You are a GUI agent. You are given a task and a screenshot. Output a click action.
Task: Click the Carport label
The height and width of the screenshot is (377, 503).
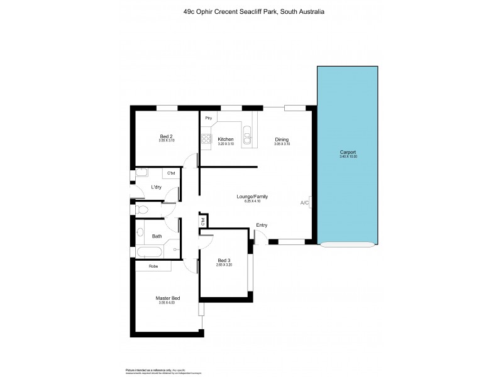tap(348, 151)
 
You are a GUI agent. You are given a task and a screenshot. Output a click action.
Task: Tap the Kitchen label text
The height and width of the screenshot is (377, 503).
tap(226, 139)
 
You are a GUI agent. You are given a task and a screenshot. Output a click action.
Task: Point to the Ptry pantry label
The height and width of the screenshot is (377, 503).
tap(208, 118)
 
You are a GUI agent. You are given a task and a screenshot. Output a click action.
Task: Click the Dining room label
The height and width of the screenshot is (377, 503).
tap(282, 139)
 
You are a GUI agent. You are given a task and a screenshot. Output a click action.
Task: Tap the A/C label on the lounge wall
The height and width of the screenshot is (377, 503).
tap(304, 203)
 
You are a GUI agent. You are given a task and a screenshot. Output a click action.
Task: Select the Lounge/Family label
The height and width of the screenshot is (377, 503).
tap(252, 196)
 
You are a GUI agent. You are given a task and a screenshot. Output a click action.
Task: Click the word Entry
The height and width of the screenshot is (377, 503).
tap(262, 225)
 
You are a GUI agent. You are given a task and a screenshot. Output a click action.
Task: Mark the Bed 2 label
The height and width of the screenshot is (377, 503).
tap(166, 136)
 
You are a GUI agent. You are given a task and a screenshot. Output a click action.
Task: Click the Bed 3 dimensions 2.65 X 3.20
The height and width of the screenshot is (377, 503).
tap(224, 265)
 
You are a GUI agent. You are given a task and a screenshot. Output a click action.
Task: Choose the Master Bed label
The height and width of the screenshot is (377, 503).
tap(168, 298)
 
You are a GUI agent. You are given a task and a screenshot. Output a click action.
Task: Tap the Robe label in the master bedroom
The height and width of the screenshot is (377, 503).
tap(153, 266)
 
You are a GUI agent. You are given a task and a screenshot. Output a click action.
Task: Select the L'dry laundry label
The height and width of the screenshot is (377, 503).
tap(157, 187)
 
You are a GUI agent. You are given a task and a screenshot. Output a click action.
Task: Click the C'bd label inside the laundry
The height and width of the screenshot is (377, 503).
tap(170, 173)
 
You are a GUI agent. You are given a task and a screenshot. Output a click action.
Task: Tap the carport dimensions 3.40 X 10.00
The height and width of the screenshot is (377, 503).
tap(348, 156)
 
